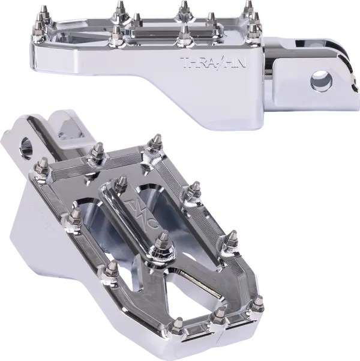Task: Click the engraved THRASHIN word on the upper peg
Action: tap(206, 63)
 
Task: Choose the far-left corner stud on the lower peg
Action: tap(44, 168)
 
